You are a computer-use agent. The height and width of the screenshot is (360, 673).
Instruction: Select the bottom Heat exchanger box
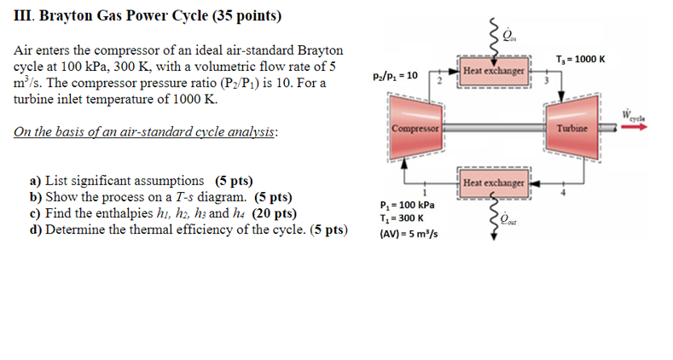pos(492,183)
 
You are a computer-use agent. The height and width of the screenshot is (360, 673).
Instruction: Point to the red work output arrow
pos(634,128)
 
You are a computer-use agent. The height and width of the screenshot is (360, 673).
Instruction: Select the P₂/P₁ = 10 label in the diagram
pos(395,75)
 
